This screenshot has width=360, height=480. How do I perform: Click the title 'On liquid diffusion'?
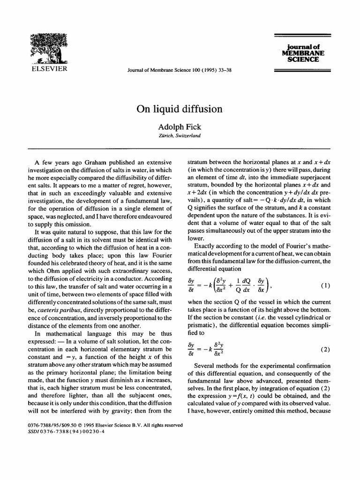pos(180,109)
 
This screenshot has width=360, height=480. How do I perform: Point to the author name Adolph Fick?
pos(180,127)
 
